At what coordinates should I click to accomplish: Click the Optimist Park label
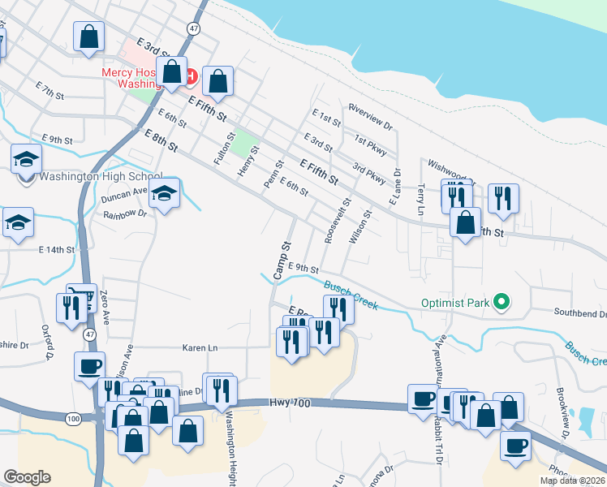pyautogui.click(x=455, y=304)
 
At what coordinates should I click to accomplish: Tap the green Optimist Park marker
pyautogui.click(x=502, y=304)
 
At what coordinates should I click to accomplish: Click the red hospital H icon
pyautogui.click(x=192, y=77)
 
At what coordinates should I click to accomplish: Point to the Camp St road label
pyautogui.click(x=282, y=261)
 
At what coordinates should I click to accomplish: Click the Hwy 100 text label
pyautogui.click(x=291, y=403)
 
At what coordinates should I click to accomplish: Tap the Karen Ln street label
pyautogui.click(x=201, y=348)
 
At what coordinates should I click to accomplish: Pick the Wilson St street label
pyautogui.click(x=359, y=226)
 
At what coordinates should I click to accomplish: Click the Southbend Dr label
pyautogui.click(x=580, y=312)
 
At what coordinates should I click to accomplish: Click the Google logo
pyautogui.click(x=28, y=476)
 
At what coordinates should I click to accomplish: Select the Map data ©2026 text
pyautogui.click(x=572, y=481)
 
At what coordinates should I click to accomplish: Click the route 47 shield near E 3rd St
pyautogui.click(x=192, y=28)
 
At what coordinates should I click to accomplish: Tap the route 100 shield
pyautogui.click(x=73, y=419)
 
